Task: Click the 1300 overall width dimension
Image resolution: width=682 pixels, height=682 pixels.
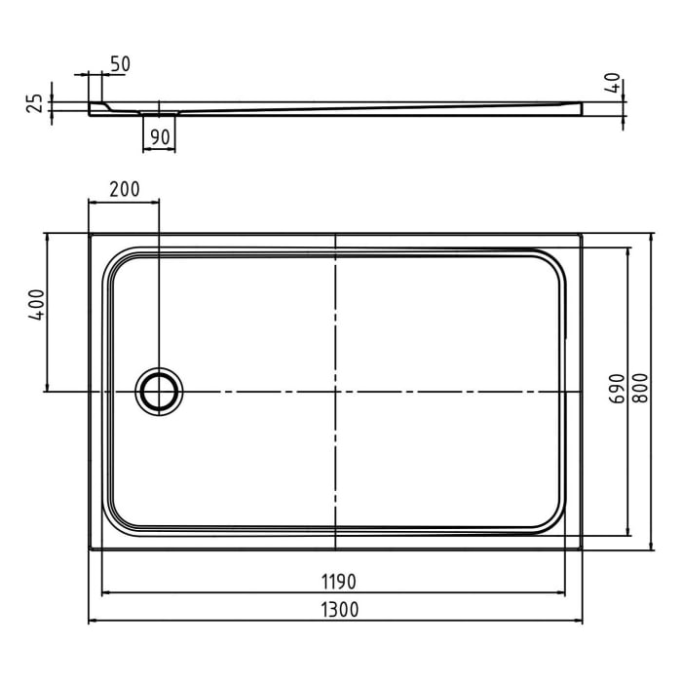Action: [335, 610]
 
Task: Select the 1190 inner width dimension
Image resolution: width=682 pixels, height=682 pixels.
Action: [335, 582]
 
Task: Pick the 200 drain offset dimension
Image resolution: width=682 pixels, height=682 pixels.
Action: [124, 189]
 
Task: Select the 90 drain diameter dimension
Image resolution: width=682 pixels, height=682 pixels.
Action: [161, 136]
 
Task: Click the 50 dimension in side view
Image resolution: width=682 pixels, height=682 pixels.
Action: [120, 64]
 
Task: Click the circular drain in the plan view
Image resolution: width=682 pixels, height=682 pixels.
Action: [157, 391]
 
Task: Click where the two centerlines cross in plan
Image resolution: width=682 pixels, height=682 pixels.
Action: [335, 391]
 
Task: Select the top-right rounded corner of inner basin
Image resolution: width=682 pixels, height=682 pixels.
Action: [550, 267]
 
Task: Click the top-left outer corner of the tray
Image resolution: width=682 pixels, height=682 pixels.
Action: [90, 234]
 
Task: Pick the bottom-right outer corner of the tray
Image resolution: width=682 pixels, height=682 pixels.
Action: [582, 549]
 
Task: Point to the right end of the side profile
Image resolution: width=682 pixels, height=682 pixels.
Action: [581, 108]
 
